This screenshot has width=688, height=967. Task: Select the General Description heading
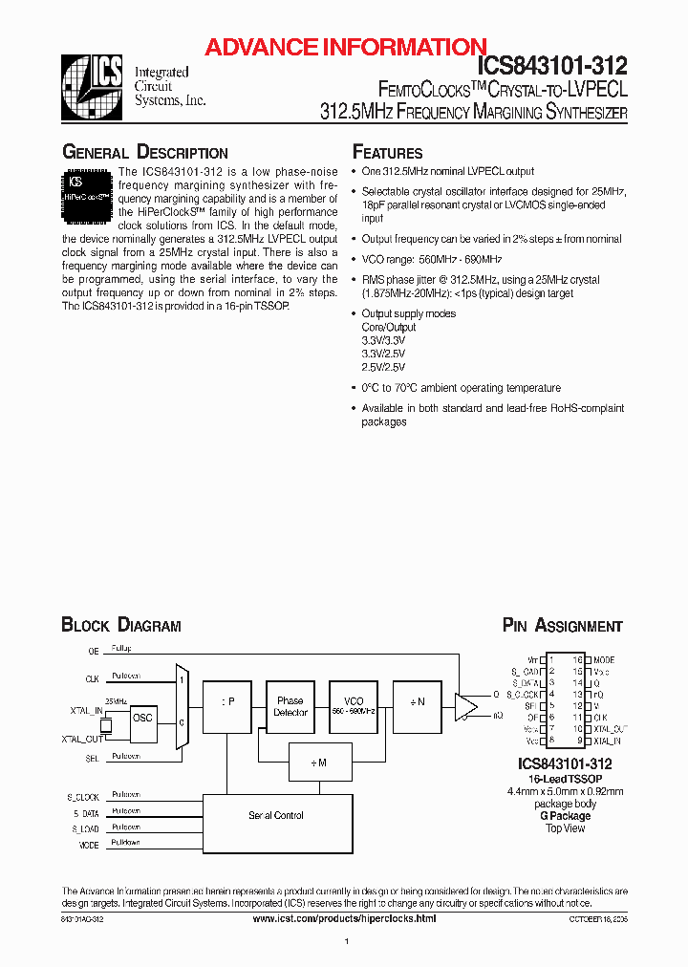(x=144, y=153)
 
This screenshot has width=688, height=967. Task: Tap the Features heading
(x=387, y=153)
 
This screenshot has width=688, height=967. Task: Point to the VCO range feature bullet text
(x=431, y=259)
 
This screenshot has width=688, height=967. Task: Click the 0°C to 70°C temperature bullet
(x=461, y=388)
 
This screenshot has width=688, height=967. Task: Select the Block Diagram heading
(x=120, y=626)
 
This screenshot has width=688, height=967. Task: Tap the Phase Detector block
(x=290, y=706)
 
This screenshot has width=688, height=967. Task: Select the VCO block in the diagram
(x=354, y=706)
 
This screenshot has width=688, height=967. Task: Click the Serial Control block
(x=275, y=815)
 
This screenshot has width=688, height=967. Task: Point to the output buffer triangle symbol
(x=466, y=706)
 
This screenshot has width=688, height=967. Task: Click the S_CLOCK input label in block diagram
(x=82, y=796)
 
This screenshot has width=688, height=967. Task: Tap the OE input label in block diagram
(x=93, y=651)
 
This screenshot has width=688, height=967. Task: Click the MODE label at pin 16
(x=604, y=660)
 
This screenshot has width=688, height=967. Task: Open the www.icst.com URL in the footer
(x=344, y=917)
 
